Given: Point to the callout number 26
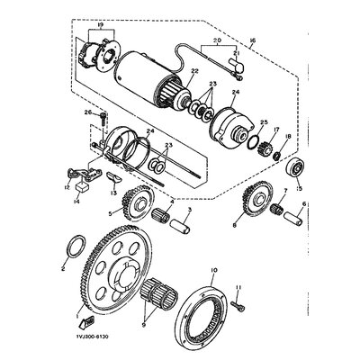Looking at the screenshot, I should [87, 112].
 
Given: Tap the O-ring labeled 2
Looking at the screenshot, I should [80, 247].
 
